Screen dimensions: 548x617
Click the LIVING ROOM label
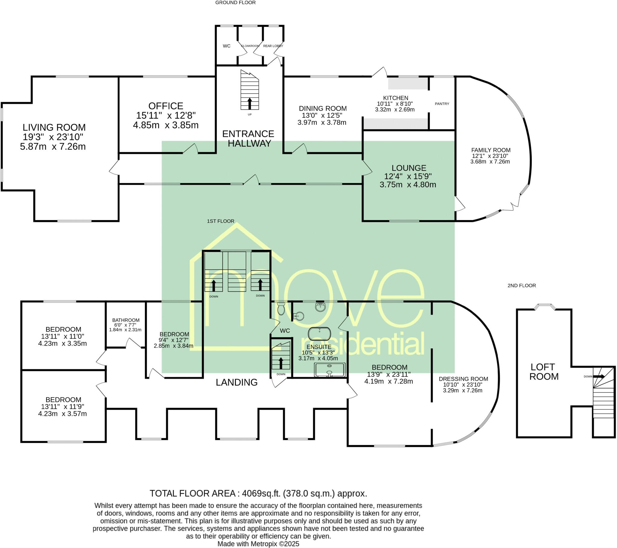[x=54, y=127]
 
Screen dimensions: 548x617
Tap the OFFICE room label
[x=166, y=106]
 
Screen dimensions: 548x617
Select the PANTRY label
[x=442, y=104]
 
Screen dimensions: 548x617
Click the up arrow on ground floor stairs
[x=250, y=103]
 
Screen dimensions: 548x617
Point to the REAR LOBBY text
[x=273, y=46]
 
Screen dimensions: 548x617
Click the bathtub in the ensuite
[x=319, y=334]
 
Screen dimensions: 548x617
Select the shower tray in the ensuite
[x=329, y=370]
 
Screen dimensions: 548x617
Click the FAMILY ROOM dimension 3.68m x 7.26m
[x=490, y=162]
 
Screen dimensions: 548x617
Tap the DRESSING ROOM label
[x=463, y=379]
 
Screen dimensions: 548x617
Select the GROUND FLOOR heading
[x=236, y=3]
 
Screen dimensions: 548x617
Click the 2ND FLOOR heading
[x=521, y=285]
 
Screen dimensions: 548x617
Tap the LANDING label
[x=237, y=382]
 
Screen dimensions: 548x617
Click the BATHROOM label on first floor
[x=126, y=320]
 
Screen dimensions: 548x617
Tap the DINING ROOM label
[x=323, y=108]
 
